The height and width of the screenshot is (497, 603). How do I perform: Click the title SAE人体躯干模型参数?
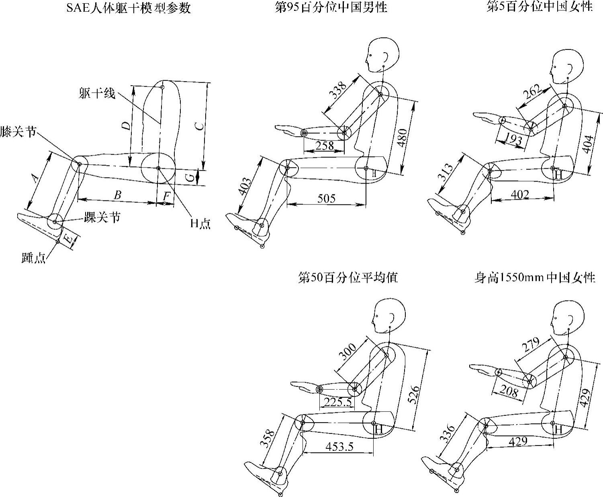pos(128,8)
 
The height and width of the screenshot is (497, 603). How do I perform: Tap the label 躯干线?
pos(97,94)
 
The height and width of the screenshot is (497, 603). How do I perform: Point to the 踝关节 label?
pos(102,218)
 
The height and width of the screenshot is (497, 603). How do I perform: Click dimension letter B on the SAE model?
pos(117,195)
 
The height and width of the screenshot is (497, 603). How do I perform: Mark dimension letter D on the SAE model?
pos(126,126)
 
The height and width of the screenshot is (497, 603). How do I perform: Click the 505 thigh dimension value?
pos(326,198)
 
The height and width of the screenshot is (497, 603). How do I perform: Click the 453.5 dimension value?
pos(340,446)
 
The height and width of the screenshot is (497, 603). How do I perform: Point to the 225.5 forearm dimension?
pos(338,402)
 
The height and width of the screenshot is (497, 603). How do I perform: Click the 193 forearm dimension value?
pos(513,139)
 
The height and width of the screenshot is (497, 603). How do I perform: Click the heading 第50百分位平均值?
pos(347,278)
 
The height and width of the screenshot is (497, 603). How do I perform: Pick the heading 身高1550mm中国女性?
pos(534,278)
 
